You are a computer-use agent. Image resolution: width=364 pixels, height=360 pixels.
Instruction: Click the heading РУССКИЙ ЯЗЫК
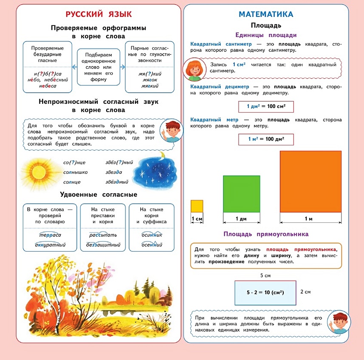pyautogui.click(x=99, y=14)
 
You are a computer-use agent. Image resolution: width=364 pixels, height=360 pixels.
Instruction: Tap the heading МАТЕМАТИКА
pyautogui.click(x=266, y=14)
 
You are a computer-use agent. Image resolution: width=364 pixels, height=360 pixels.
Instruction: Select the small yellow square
pyautogui.click(x=197, y=206)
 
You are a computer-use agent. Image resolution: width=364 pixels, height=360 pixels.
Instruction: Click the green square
pyautogui.click(x=241, y=194)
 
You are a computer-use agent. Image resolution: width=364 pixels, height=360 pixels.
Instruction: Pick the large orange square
pyautogui.click(x=310, y=181)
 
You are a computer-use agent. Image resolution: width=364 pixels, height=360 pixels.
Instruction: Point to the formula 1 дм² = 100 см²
pyautogui.click(x=266, y=106)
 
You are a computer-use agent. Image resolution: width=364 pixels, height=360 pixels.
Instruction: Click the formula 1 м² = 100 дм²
pyautogui.click(x=266, y=139)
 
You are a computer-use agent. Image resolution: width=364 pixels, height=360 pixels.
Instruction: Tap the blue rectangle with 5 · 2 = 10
pyautogui.click(x=265, y=293)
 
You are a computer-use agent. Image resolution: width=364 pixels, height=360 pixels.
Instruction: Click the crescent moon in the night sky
pyautogui.click(x=162, y=156)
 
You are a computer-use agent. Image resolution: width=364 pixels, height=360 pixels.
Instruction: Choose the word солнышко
pyautogui.click(x=75, y=172)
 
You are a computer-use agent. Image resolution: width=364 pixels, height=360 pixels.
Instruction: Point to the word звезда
pyautogui.click(x=114, y=172)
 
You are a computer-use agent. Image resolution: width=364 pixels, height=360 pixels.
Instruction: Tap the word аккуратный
pyautogui.click(x=50, y=245)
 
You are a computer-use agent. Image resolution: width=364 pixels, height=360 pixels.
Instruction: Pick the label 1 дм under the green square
pyautogui.click(x=241, y=219)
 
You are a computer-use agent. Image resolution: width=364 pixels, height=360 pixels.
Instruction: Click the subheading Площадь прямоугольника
pyautogui.click(x=266, y=234)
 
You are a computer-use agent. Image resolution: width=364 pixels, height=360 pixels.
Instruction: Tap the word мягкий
pyautogui.click(x=149, y=86)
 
